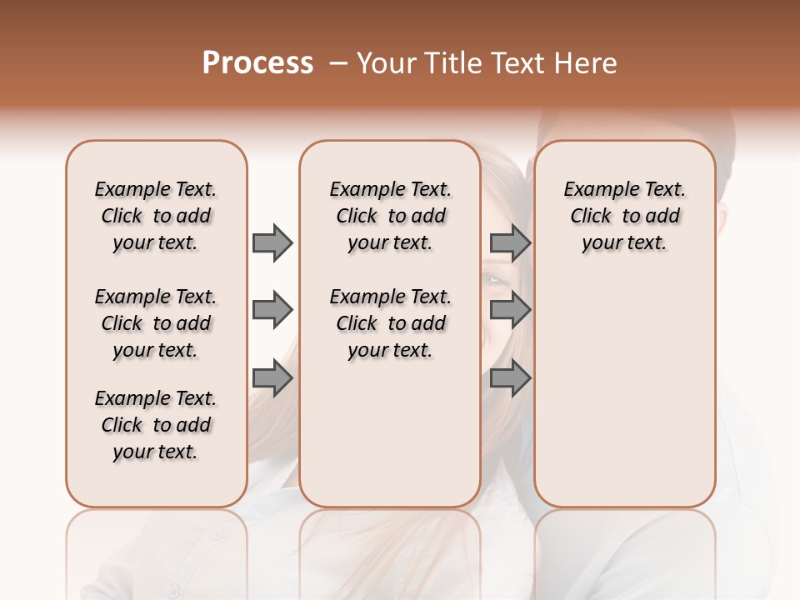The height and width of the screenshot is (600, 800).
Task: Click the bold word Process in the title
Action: point(257,63)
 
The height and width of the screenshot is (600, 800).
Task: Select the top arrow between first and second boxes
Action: point(272,243)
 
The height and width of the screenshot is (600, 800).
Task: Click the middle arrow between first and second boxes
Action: point(272,311)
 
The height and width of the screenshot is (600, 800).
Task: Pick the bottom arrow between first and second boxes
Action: point(272,379)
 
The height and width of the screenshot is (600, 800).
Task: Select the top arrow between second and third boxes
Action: point(510,243)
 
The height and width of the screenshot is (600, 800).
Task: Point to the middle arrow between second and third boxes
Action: point(510,311)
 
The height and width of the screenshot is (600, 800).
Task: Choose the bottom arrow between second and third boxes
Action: point(510,379)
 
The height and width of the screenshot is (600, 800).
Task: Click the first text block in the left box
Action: point(156,216)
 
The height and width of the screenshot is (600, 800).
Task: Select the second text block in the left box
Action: point(156,323)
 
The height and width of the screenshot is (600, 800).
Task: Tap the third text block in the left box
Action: point(156,425)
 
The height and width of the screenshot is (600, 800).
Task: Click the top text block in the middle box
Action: point(390,216)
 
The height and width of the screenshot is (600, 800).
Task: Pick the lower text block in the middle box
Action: point(390,323)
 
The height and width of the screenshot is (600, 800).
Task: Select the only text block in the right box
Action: point(625,216)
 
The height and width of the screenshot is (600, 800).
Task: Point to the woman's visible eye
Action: point(496,280)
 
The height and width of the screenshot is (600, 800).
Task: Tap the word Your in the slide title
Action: point(385,63)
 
